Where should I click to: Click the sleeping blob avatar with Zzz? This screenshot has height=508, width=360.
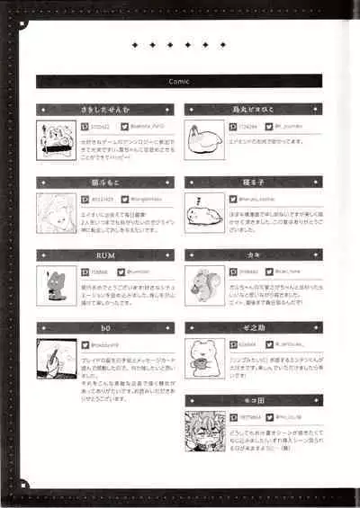click(x=202, y=212)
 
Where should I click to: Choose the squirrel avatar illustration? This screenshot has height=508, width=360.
click(x=202, y=285)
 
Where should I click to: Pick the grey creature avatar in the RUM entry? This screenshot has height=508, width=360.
click(x=56, y=285)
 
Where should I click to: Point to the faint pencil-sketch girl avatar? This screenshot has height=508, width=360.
click(x=56, y=212)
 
